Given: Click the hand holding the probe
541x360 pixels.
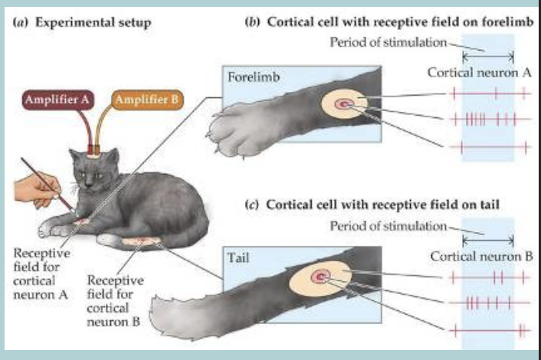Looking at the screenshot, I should [34, 188].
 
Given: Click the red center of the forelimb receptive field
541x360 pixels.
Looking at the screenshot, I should [343, 104].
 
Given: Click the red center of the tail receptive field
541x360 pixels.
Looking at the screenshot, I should [322, 276].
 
